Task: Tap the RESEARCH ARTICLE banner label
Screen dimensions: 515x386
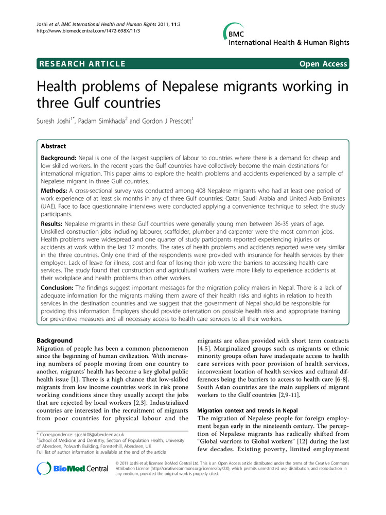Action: [x=81, y=64]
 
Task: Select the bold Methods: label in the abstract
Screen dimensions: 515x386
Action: [x=58, y=191]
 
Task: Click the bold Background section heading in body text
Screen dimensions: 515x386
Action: [x=55, y=340]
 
